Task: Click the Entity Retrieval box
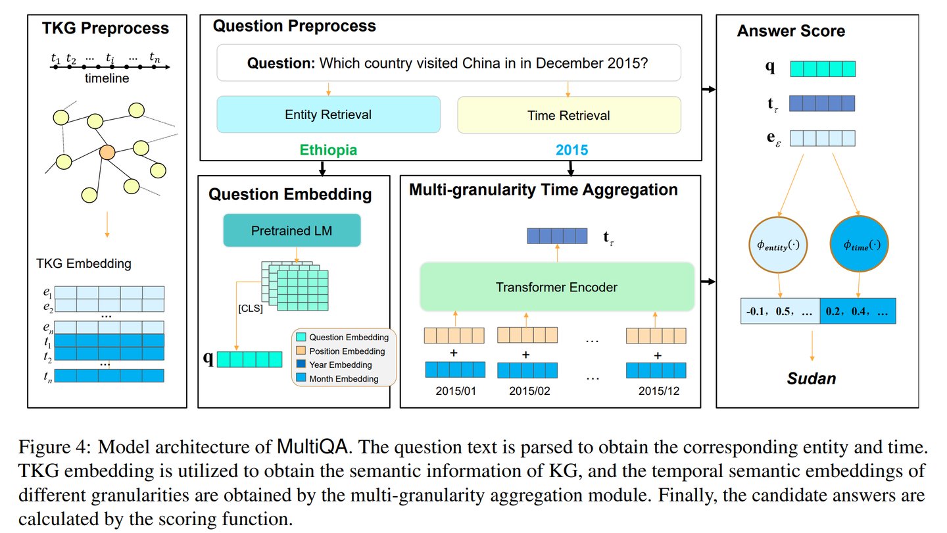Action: point(328,114)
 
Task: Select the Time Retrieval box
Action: point(569,115)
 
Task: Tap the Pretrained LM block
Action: point(292,231)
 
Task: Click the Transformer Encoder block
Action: point(556,287)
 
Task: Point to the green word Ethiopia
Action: point(328,150)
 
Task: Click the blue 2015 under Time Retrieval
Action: point(571,150)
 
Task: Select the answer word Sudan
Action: point(812,378)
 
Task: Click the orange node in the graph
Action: point(107,153)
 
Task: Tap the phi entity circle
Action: point(779,245)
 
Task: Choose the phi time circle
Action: point(860,245)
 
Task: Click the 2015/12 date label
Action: point(659,391)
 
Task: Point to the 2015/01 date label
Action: point(455,391)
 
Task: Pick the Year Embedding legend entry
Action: point(340,365)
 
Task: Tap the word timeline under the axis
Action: point(107,78)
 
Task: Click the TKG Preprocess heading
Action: point(105,28)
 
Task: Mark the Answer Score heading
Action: point(790,31)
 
